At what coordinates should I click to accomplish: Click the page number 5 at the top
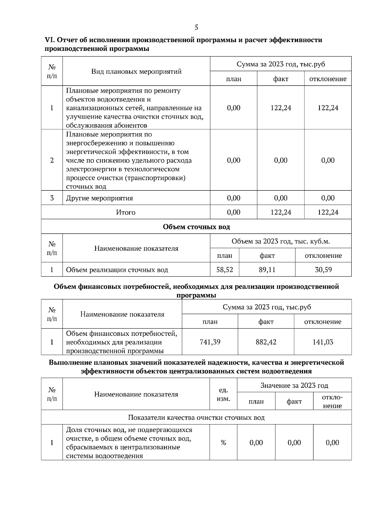click(196, 27)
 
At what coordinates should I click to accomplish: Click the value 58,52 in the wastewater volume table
click(225, 270)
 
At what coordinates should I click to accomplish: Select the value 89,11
click(267, 270)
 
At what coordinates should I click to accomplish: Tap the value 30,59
click(323, 270)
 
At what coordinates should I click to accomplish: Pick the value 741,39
click(210, 342)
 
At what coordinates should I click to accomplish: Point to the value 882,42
click(266, 342)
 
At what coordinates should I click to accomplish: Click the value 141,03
click(323, 342)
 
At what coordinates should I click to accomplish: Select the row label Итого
click(126, 212)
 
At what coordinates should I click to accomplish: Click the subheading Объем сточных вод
click(196, 227)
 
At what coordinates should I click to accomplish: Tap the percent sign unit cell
click(223, 443)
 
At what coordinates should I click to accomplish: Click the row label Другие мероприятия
click(99, 198)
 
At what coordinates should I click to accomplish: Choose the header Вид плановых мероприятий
click(136, 71)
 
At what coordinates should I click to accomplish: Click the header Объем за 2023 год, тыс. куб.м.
click(281, 241)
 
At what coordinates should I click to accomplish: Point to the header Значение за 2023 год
click(294, 385)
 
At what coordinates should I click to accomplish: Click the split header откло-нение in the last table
click(332, 401)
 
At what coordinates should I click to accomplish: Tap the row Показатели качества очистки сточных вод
click(196, 418)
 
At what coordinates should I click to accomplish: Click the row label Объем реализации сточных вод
click(117, 270)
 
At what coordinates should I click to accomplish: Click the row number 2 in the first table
click(52, 160)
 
